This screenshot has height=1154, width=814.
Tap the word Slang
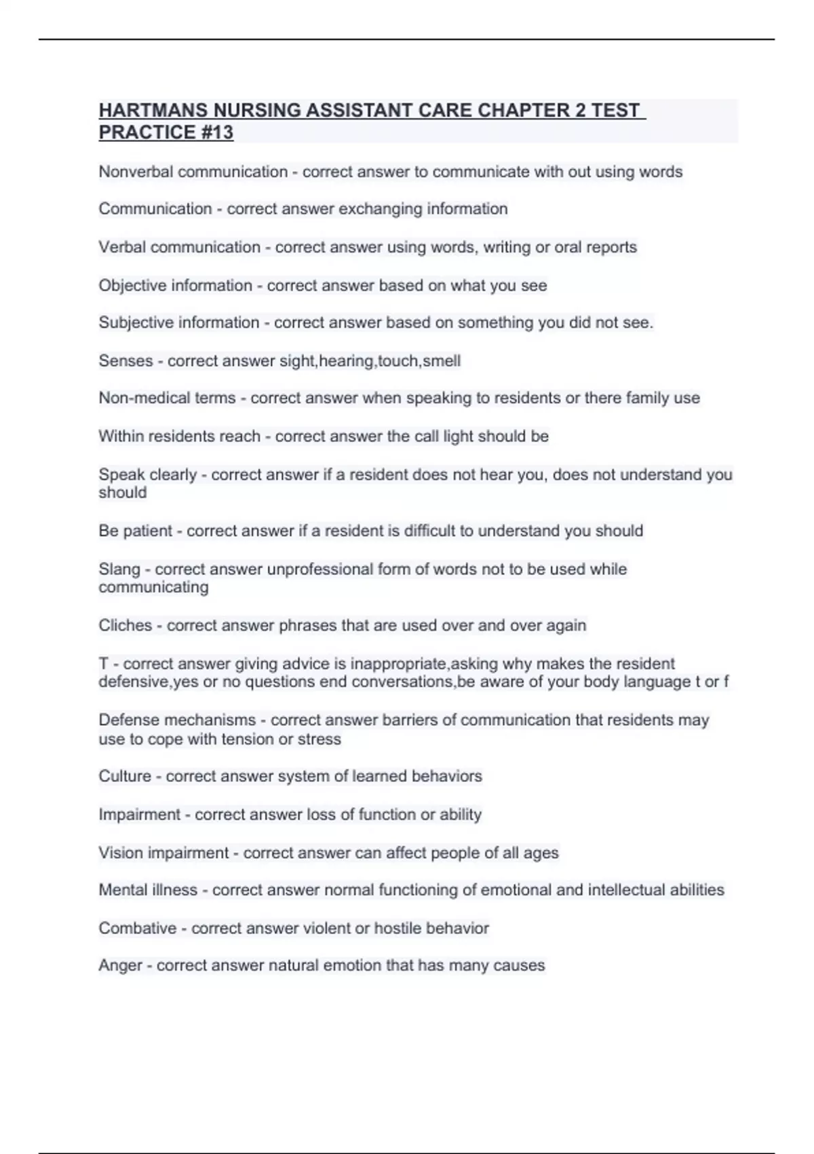coord(119,569)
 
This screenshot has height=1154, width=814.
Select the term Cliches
coord(125,625)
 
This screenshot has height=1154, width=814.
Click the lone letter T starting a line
coord(103,663)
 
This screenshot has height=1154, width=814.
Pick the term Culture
coord(125,776)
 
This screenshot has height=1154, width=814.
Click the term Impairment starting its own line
coord(140,814)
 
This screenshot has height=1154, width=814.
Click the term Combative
coord(138,928)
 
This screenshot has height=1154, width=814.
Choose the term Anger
coord(120,965)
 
